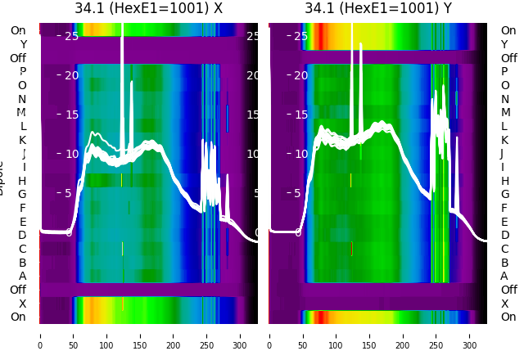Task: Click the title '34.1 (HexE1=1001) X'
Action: pos(148,9)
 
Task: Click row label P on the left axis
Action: pos(22,72)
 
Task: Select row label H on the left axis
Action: pos(22,181)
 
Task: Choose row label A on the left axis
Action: pos(22,276)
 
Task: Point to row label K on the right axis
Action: pos(504,140)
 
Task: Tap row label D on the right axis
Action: pos(504,235)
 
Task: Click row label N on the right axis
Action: pos(504,99)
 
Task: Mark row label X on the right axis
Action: pos(504,304)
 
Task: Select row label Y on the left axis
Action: pos(22,44)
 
